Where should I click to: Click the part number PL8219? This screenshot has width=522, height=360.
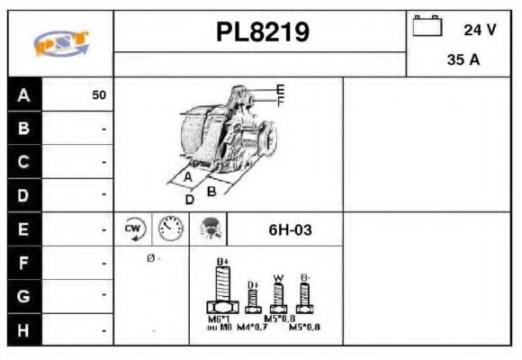[x=263, y=33]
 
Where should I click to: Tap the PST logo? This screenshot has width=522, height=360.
[x=60, y=41]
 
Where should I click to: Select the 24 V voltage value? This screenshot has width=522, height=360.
[x=480, y=30]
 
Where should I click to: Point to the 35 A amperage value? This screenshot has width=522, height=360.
[x=462, y=60]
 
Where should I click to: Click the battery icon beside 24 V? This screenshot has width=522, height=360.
[x=427, y=28]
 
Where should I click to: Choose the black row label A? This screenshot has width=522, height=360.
[x=23, y=94]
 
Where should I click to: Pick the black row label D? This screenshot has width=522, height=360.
[x=23, y=194]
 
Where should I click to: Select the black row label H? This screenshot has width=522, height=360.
[x=23, y=330]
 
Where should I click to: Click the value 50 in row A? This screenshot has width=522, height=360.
[x=98, y=94]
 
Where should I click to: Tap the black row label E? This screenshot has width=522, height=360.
[x=23, y=229]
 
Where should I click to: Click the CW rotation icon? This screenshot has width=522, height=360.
[x=133, y=229]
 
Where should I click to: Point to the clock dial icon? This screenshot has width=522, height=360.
[x=170, y=229]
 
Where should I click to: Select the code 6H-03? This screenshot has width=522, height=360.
[x=290, y=229]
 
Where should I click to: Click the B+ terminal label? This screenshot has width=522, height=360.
[x=224, y=262]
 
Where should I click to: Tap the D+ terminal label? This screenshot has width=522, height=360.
[x=253, y=284]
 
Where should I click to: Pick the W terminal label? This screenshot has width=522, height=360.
[x=278, y=277]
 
